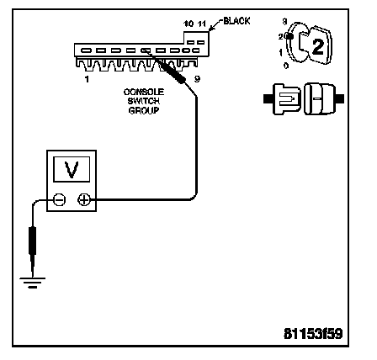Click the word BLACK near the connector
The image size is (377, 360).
click(236, 21)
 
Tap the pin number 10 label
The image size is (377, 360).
click(188, 24)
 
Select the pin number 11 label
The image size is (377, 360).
click(202, 24)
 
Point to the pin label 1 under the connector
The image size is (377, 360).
click(87, 79)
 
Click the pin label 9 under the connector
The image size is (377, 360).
click(197, 79)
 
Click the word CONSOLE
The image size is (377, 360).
click(144, 92)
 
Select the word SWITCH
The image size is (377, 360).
click(144, 101)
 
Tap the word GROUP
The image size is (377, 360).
click(144, 110)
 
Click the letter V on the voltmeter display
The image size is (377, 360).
click(72, 170)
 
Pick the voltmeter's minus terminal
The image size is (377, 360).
click(60, 200)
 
